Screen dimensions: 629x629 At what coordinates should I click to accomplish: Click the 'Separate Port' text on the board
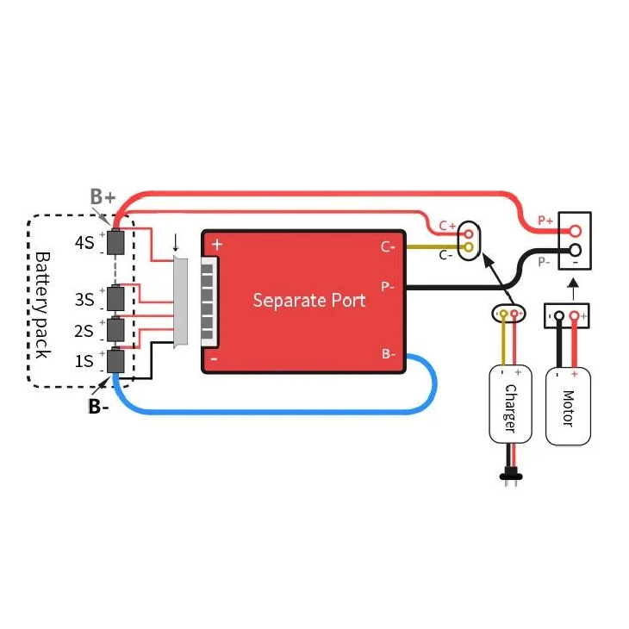[x=308, y=300]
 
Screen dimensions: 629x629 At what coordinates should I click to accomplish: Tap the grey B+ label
[x=103, y=197]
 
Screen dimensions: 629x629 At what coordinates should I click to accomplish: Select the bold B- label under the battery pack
[x=98, y=407]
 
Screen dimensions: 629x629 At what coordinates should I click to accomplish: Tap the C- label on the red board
[x=388, y=246]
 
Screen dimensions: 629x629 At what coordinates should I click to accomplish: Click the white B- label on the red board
[x=388, y=353]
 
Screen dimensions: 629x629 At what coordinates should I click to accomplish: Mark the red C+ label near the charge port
[x=446, y=226]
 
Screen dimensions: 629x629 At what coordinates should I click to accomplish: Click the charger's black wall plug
[x=509, y=474]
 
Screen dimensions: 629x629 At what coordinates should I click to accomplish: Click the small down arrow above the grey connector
[x=177, y=242]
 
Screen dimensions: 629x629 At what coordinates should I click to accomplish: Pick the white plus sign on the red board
[x=216, y=245]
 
